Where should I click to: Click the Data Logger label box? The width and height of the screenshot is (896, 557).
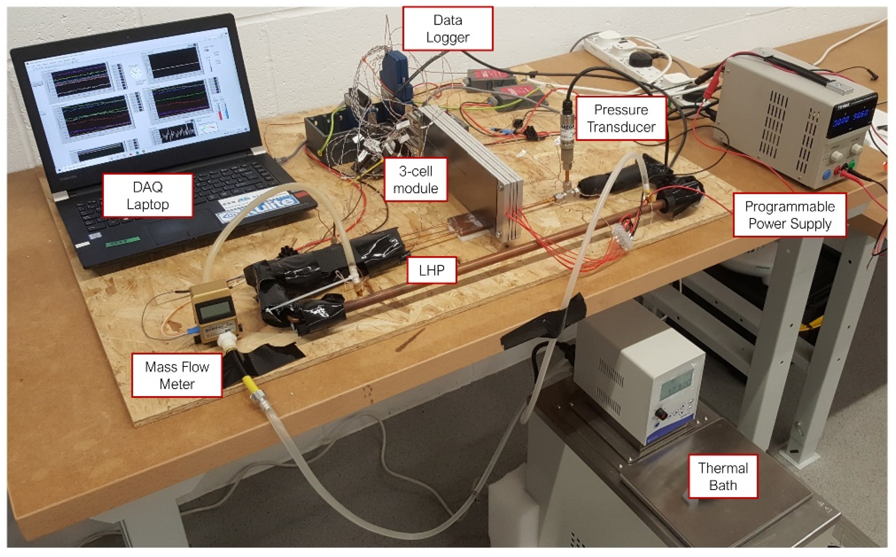[x=447, y=28]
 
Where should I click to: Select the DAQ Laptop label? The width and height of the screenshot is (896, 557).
[x=148, y=195]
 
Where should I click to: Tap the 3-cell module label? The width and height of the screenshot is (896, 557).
[x=415, y=180]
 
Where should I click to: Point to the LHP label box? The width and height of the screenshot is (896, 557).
[x=432, y=270]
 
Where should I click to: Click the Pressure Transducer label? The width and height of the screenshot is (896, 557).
[x=620, y=118]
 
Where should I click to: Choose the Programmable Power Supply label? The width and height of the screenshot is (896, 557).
[x=789, y=215]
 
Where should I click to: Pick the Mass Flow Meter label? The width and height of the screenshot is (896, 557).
[x=177, y=375]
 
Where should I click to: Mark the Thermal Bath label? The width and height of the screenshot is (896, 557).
[x=722, y=477]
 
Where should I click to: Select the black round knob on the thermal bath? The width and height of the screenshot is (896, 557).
[x=661, y=414]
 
